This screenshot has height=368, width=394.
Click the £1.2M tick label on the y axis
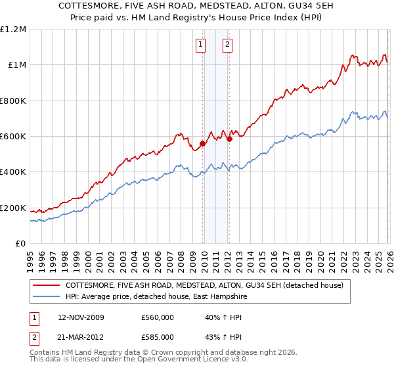point(13,29)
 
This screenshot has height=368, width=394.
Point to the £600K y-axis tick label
point(13,137)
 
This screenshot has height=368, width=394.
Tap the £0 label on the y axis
point(20,244)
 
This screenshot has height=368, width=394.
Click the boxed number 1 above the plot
point(200,45)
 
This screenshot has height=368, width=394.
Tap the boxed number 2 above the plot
point(227,45)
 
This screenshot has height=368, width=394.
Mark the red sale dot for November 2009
point(203,143)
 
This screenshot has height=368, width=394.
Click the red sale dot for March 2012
point(230,139)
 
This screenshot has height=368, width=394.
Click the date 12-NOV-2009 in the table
point(81,317)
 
